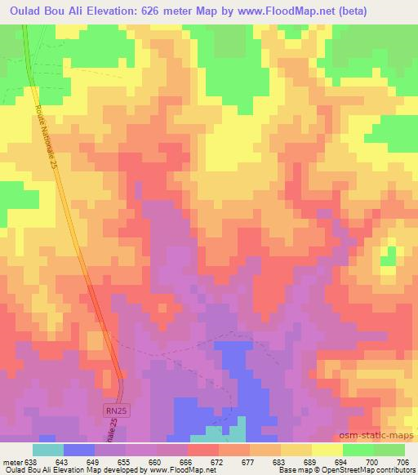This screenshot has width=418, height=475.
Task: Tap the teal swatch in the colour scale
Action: tap(47, 450)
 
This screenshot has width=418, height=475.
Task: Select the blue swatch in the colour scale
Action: tap(78, 450)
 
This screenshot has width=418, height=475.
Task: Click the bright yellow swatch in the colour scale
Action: tap(327, 450)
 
